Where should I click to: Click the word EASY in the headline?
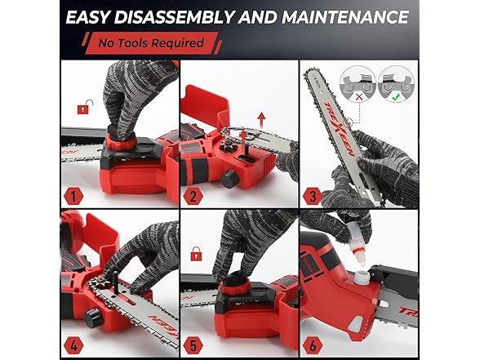[x=93, y=16]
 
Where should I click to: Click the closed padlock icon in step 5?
[x=197, y=255]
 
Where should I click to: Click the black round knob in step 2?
[x=231, y=176]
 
